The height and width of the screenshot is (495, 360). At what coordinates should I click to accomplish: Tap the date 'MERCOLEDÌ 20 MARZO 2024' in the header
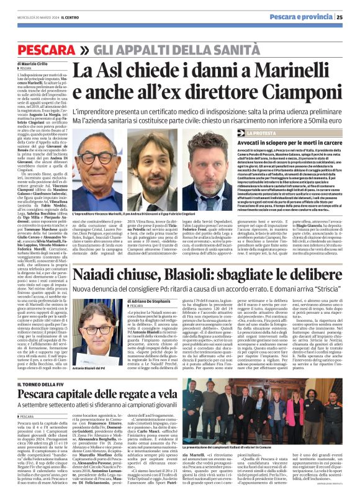click(38, 17)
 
